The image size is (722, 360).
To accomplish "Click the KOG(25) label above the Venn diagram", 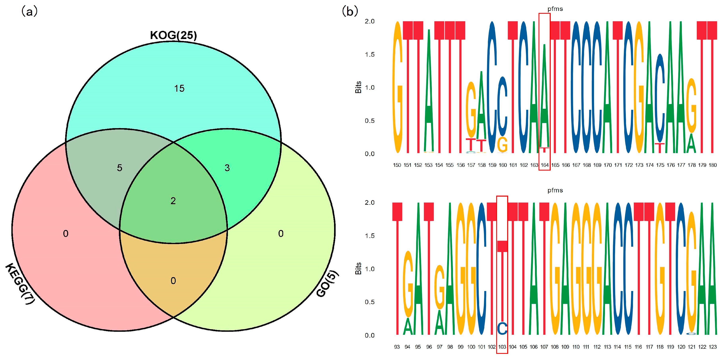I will pos(173,35).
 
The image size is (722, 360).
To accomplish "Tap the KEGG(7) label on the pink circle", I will pos(20,283).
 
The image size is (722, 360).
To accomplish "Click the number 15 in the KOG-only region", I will pos(179,89).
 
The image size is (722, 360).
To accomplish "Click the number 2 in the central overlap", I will pos(173,201).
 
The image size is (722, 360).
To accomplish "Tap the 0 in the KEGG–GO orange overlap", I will pos(173,281).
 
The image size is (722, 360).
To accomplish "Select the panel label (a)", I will pos(29,12).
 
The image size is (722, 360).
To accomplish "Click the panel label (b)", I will pos(350,12).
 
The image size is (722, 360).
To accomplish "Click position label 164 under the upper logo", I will pos(544,165).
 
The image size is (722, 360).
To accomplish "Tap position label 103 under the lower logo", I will pos(502,347).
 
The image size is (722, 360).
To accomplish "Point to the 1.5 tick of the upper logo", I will pos(370,54).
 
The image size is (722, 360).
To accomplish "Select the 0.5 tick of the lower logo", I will pos(370,302).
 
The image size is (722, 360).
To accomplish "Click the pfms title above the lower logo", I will pos(555,190).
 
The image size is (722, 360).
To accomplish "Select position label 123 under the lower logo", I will pos(712,347).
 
